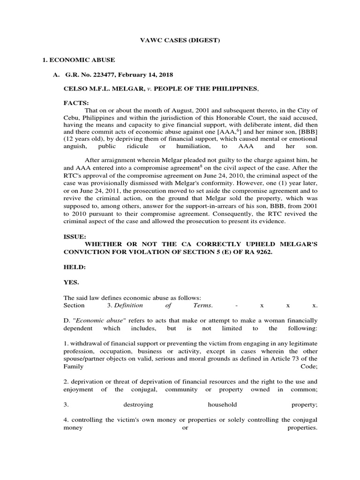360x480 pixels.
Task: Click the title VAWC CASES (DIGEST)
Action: coord(180,41)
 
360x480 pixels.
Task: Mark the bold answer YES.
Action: coord(71,282)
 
